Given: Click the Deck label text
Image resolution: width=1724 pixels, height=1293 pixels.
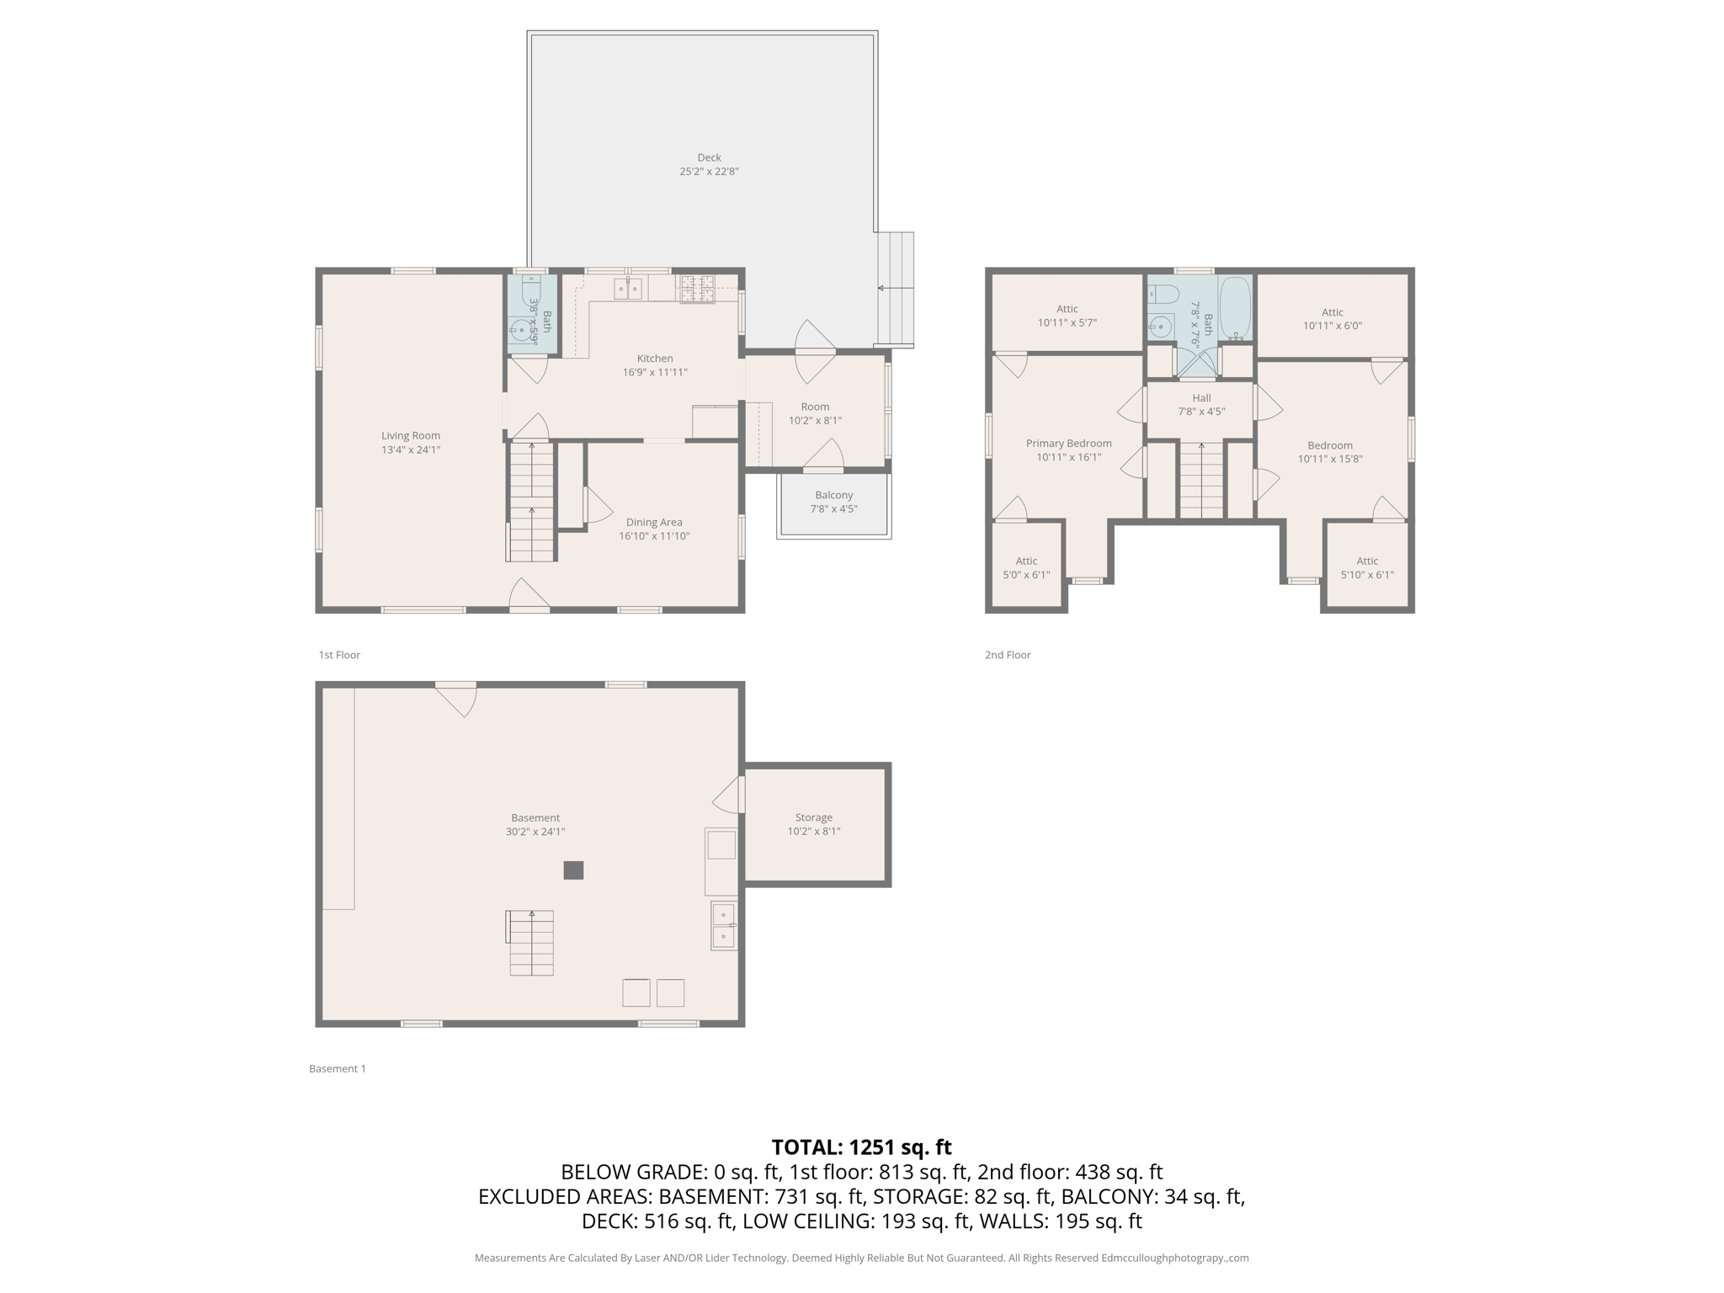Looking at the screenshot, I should (x=709, y=157).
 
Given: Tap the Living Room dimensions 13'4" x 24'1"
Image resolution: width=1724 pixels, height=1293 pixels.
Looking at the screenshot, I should (x=410, y=450).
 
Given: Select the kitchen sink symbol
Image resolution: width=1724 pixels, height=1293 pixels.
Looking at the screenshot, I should (x=628, y=289).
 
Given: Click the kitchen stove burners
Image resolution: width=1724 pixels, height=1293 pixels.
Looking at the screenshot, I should (x=696, y=288).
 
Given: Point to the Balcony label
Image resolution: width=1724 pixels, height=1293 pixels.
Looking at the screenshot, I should (x=833, y=495).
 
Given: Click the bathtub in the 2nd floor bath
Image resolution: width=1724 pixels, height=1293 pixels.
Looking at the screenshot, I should (x=1236, y=308).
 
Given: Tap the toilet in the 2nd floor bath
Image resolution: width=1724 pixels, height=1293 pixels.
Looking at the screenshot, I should (x=1163, y=295).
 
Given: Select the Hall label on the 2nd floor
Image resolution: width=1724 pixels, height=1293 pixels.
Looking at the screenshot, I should (x=1201, y=398).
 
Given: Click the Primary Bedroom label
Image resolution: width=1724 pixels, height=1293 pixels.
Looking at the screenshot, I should (x=1068, y=444).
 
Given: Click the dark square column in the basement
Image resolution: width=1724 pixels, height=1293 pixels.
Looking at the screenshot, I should (x=573, y=870).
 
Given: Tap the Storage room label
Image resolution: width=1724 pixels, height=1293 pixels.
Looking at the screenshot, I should (x=813, y=817).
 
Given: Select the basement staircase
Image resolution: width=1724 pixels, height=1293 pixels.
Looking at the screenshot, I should (x=531, y=943).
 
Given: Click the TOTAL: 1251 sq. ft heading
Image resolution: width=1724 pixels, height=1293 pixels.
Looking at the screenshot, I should (x=861, y=1147).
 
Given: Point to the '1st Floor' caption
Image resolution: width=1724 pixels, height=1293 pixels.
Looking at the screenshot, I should (x=339, y=655).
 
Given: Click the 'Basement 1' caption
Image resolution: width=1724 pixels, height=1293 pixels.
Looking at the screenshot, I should (x=337, y=1068).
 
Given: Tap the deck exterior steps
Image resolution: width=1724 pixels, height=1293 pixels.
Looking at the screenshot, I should (x=896, y=289).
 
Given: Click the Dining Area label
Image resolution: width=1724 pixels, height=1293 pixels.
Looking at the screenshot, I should (x=654, y=522).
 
